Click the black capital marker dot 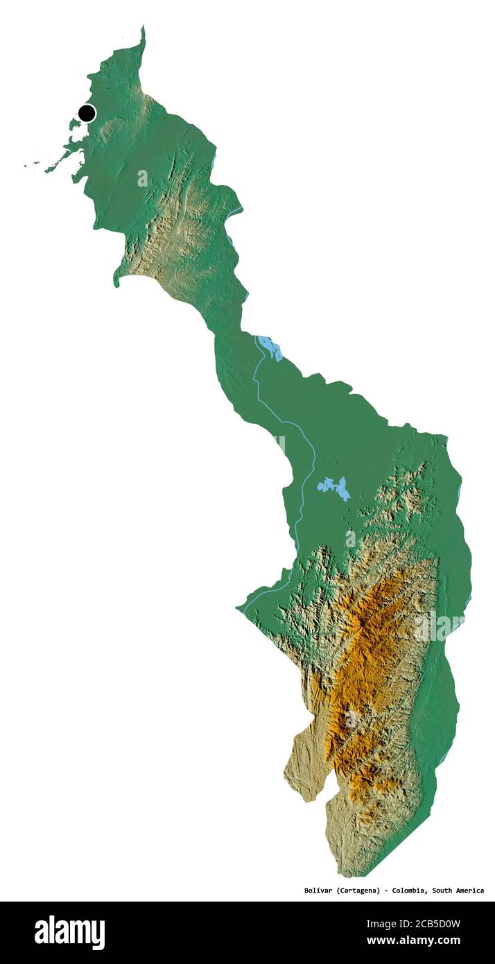(87, 113)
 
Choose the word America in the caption (471, 890)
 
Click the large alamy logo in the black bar (69, 933)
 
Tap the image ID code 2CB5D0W (433, 924)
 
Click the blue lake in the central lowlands (334, 487)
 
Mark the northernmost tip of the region (144, 28)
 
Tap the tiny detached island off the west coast (28, 165)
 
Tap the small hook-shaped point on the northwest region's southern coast (117, 281)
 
